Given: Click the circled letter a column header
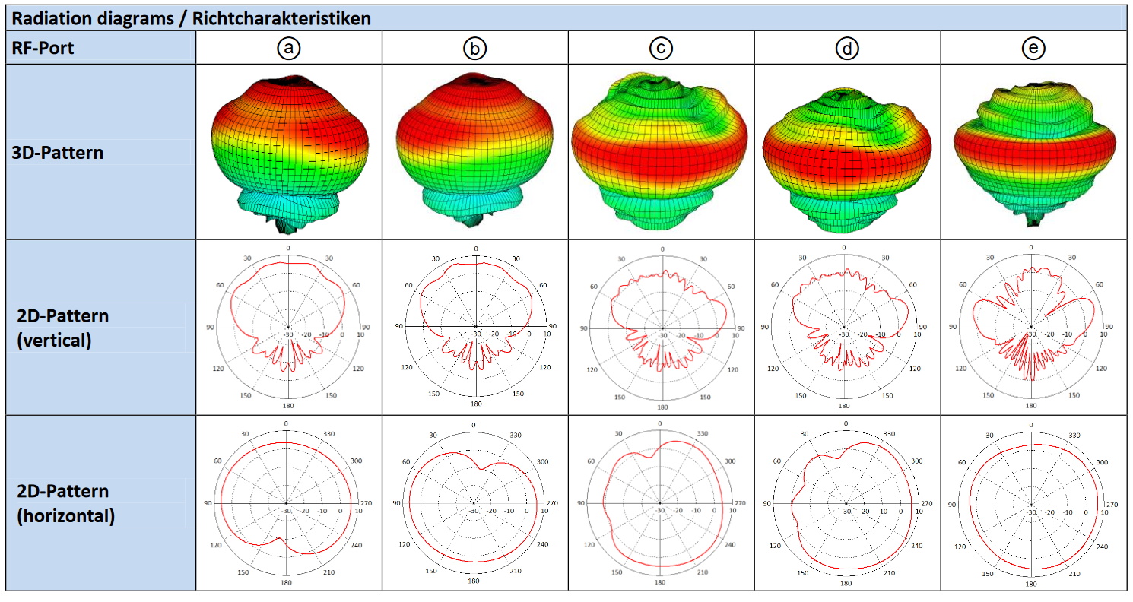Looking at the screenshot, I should [x=288, y=49].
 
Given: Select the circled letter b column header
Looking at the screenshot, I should [x=474, y=49].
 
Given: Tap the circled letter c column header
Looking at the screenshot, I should [x=661, y=49].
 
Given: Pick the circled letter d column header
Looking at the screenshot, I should [x=846, y=49].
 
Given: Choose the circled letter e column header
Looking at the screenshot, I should [x=1033, y=49].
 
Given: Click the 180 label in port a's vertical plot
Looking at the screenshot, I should [x=288, y=405].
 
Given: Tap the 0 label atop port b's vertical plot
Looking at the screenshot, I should [x=476, y=249].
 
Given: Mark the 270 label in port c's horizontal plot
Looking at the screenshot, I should [x=738, y=504].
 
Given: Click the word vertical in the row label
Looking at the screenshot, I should [x=54, y=341].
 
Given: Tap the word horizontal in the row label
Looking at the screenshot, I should [x=66, y=516].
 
